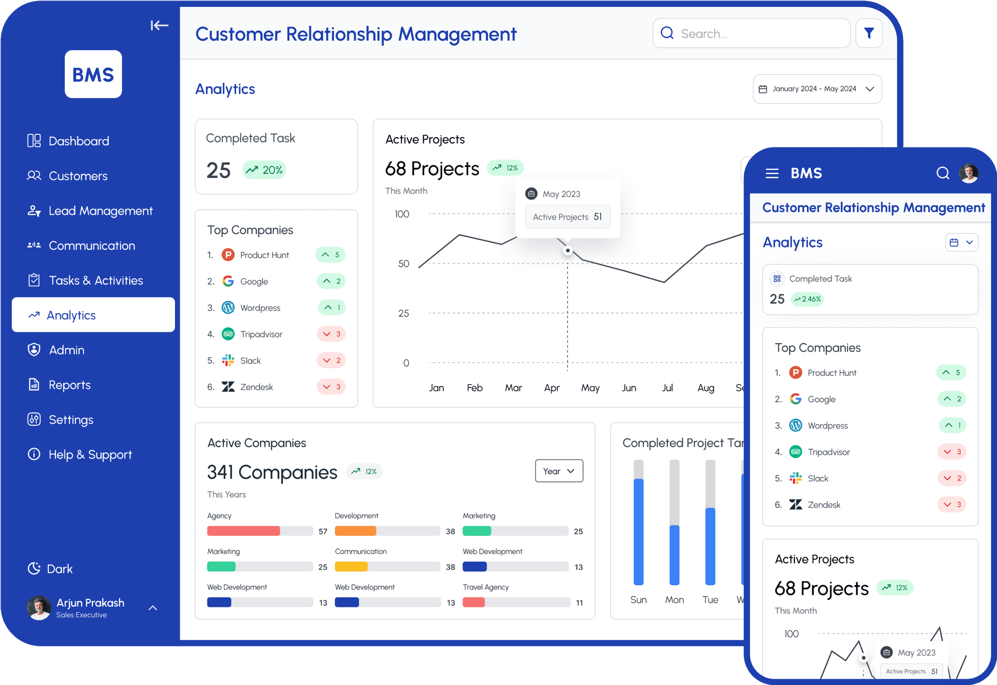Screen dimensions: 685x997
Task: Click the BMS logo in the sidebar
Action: click(x=93, y=74)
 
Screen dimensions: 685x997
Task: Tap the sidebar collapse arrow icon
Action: click(x=159, y=25)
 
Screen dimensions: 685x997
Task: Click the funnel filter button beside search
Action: click(x=869, y=33)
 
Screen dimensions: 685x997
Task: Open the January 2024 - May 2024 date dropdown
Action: click(x=817, y=89)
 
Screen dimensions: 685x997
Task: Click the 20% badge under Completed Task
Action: click(x=264, y=170)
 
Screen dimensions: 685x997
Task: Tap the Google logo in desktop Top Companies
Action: click(x=228, y=281)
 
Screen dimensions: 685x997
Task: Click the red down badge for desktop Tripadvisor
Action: click(x=331, y=334)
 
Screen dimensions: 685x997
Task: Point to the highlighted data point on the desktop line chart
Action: click(x=568, y=251)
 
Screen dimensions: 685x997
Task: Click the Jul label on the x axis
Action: click(x=667, y=388)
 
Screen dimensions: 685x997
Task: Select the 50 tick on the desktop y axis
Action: click(x=403, y=264)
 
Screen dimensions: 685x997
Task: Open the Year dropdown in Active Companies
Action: click(x=559, y=471)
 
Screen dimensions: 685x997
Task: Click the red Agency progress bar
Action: click(x=244, y=531)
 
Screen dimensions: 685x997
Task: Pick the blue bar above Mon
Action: click(x=674, y=555)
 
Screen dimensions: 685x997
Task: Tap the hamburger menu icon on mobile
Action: click(x=772, y=173)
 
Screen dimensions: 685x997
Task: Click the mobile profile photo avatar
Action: click(x=968, y=173)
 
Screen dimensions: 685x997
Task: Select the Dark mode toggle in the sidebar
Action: click(x=50, y=569)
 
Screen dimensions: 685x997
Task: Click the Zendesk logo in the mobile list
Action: click(x=796, y=504)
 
